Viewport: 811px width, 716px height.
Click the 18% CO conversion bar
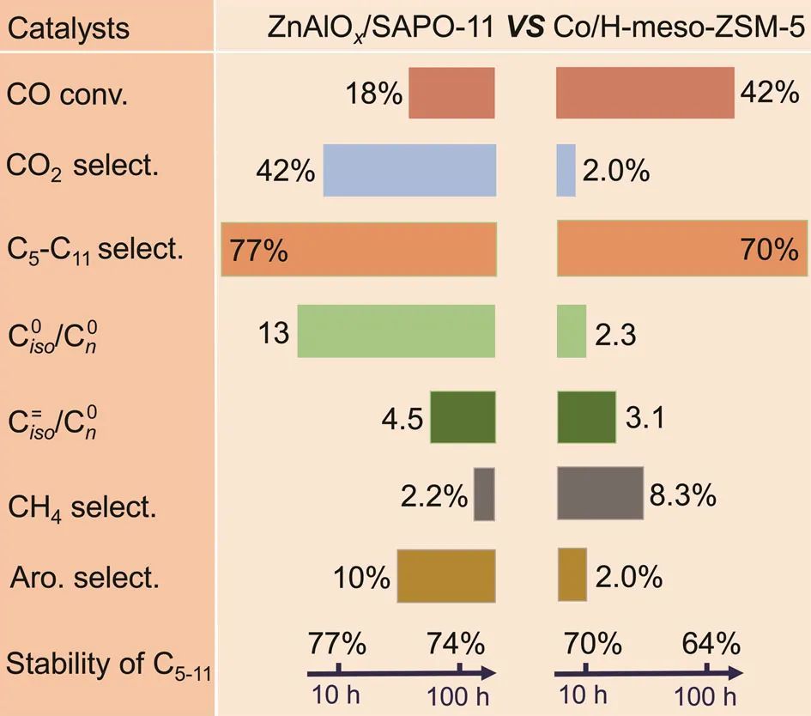[x=451, y=93]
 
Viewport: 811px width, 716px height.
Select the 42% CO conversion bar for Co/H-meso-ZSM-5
[x=645, y=93]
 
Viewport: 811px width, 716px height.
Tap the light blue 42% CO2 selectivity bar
[x=409, y=171]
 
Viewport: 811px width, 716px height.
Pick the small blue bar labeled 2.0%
[x=566, y=171]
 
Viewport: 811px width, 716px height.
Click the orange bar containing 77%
[x=359, y=251]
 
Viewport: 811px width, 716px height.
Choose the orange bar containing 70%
[x=681, y=251]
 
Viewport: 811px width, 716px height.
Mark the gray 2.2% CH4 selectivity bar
[x=484, y=494]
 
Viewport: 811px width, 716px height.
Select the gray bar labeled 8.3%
[x=600, y=494]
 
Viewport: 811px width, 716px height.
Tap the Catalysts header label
[x=68, y=28]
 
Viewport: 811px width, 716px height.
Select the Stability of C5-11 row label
[x=108, y=664]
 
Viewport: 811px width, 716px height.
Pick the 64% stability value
[x=711, y=643]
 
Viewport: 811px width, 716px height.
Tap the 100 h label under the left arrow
[x=459, y=693]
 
